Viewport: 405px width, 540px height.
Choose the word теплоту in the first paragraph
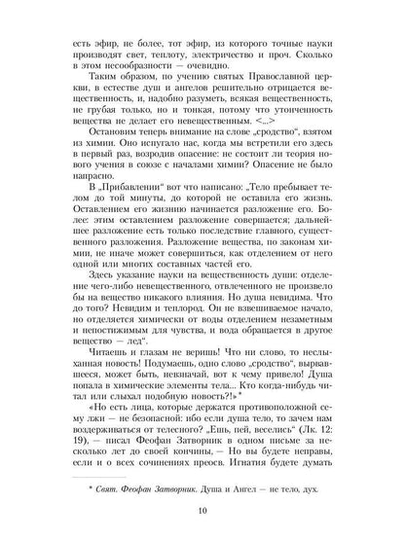tap(162, 56)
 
